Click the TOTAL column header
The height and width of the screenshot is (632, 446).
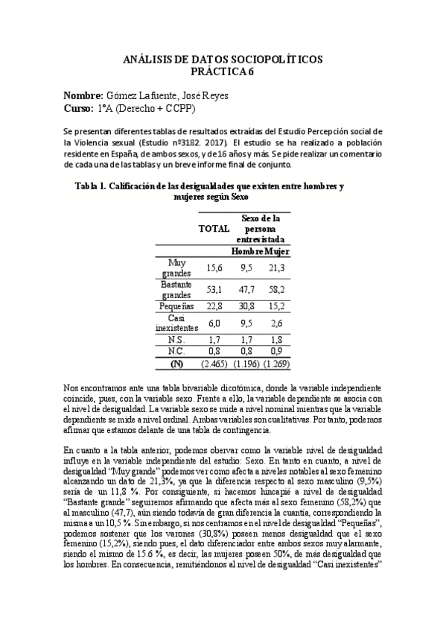click(214, 229)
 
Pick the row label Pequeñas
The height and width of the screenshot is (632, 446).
click(176, 306)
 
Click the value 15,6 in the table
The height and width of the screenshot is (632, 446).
click(214, 268)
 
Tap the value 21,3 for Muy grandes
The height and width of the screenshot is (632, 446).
click(277, 268)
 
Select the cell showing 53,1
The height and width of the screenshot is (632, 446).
click(214, 290)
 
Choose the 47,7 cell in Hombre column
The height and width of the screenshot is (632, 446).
click(246, 290)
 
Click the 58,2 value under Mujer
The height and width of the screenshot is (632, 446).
click(277, 290)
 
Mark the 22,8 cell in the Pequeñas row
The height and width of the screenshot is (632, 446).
click(214, 306)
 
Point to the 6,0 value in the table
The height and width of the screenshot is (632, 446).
click(214, 323)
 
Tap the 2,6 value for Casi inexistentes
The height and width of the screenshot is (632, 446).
click(277, 323)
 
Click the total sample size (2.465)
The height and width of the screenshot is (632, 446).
click(214, 364)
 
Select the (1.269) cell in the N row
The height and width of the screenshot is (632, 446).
click(275, 364)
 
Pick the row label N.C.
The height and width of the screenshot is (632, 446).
click(176, 352)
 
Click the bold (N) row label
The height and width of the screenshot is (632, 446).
click(176, 364)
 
